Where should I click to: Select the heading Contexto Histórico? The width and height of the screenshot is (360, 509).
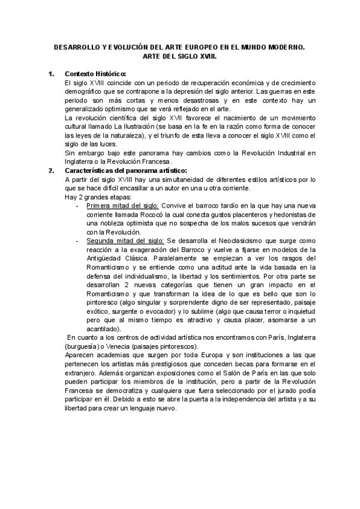95,73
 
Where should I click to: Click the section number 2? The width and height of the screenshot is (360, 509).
51,171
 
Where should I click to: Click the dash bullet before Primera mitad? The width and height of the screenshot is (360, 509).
79,205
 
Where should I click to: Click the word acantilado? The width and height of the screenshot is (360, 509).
103,329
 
